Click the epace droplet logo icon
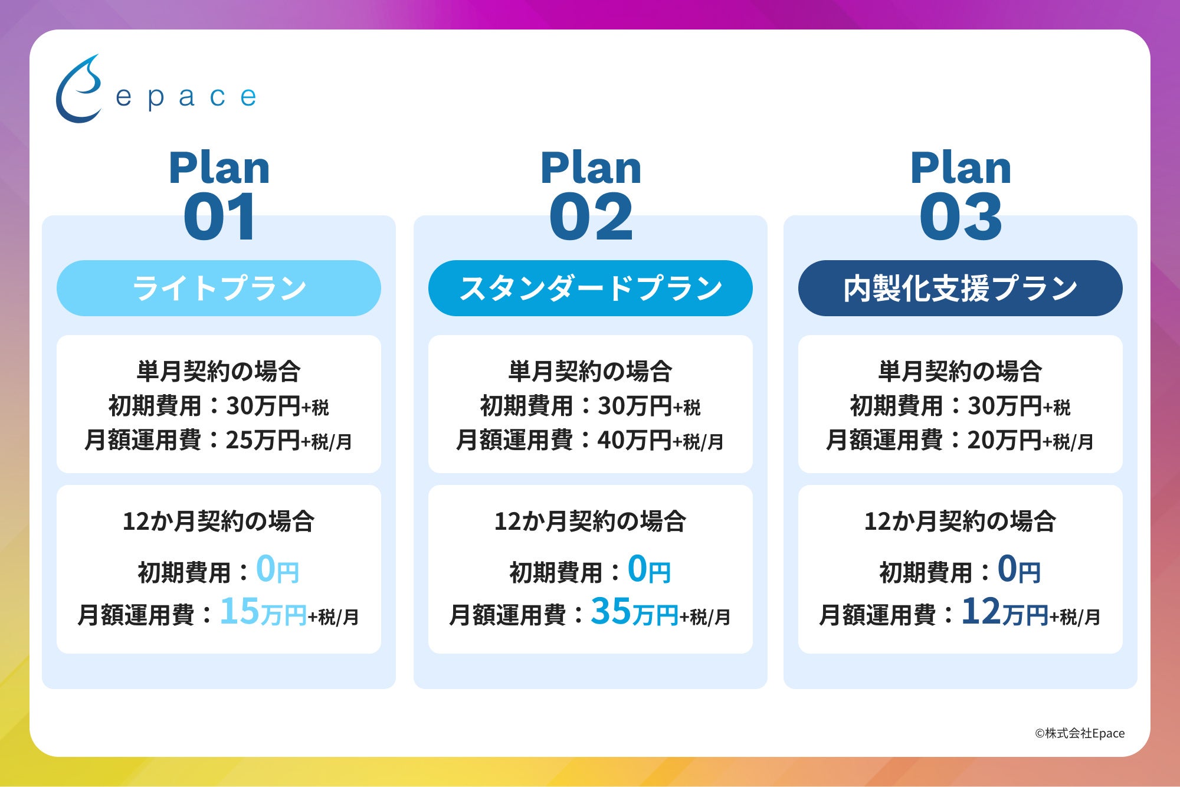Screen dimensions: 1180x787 tap(78, 90)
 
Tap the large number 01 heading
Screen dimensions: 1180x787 tap(219, 217)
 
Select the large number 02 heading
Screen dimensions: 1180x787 tap(591, 217)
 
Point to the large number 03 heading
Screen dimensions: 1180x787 tap(961, 217)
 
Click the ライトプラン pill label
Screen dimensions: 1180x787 tap(219, 288)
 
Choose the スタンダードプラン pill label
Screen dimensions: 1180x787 tap(591, 288)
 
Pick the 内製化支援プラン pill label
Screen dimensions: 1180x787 tap(961, 288)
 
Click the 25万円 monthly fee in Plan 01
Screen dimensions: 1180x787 tap(263, 440)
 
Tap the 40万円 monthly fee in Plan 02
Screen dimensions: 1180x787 tap(635, 440)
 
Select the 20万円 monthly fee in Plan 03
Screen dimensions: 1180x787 tap(1005, 440)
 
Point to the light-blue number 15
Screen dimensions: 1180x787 tap(240, 611)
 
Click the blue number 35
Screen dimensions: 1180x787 tap(611, 611)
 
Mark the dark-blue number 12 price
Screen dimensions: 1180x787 tap(981, 611)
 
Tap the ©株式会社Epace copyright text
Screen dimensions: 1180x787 tap(1080, 733)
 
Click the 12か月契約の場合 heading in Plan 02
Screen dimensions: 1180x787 tap(591, 522)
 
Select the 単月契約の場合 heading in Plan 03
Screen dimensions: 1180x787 tap(961, 372)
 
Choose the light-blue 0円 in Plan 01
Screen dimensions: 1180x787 tap(277, 570)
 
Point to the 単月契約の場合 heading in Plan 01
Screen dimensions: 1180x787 tap(219, 372)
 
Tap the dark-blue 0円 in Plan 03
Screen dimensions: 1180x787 tap(1019, 570)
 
